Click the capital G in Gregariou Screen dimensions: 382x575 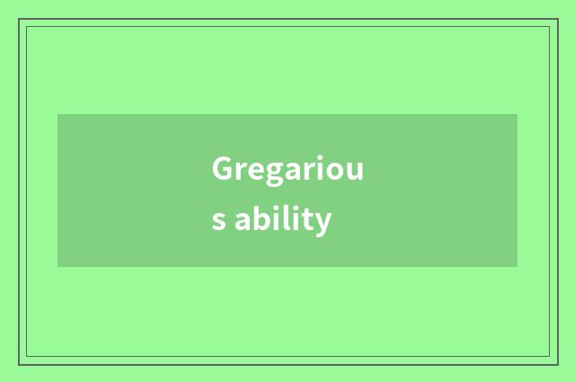pyautogui.click(x=223, y=169)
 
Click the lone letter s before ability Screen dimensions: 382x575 pyautogui.click(x=218, y=221)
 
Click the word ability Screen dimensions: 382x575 pyautogui.click(x=283, y=219)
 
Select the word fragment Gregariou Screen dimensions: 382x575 pyautogui.click(x=287, y=170)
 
